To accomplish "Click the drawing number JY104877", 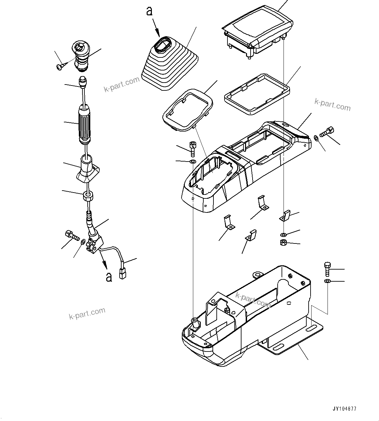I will (344, 408).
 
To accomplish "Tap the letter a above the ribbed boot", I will (149, 11).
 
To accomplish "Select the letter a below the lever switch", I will (109, 277).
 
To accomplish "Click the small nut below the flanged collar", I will (88, 196).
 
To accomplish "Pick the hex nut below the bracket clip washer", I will (283, 242).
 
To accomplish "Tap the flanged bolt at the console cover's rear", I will (326, 132).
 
